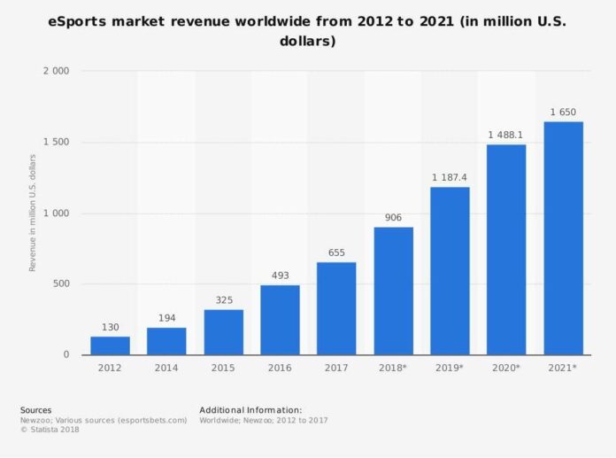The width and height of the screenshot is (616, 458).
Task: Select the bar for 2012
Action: point(110,345)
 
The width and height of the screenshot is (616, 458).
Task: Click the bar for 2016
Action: point(280,320)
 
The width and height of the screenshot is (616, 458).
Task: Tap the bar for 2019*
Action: point(450,270)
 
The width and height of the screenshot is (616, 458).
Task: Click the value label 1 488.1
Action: point(506,135)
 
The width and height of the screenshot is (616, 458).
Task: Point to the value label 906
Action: point(393,217)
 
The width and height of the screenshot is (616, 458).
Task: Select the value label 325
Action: point(223,299)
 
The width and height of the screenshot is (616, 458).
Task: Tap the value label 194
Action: point(166,318)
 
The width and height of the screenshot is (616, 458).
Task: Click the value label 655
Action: point(336,252)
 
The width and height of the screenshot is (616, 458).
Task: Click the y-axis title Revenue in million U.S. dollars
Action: point(33,213)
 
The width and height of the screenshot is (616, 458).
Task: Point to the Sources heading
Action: point(36,410)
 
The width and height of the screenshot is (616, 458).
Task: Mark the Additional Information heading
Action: point(250,410)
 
